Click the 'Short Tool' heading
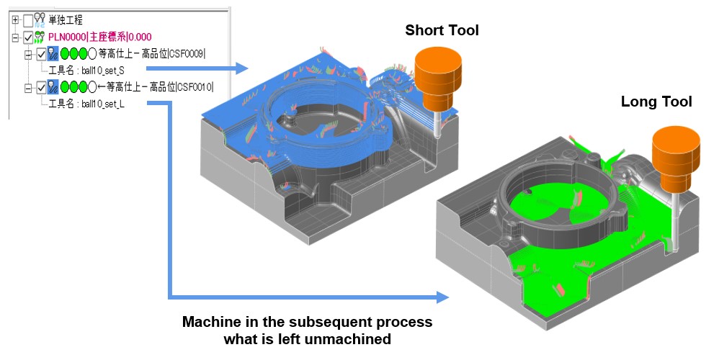(x=442, y=30)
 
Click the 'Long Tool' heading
(x=656, y=102)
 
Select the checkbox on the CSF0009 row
(x=41, y=54)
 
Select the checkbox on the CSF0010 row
(x=41, y=88)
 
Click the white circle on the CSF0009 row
(x=92, y=54)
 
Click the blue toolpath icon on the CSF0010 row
(x=53, y=88)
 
